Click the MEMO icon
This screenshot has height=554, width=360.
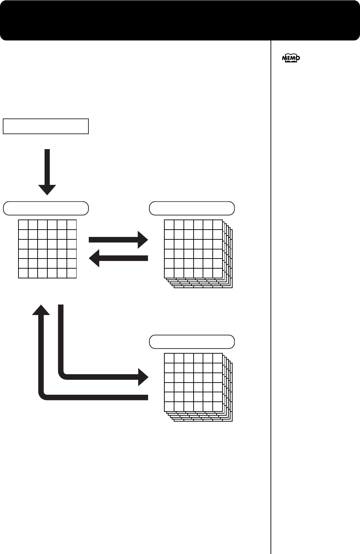[291, 59]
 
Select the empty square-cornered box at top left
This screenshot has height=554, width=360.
[46, 126]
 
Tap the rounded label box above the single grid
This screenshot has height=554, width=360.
[46, 208]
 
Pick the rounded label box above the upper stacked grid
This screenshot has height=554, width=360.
[192, 208]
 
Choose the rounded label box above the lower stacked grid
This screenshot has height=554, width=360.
[192, 342]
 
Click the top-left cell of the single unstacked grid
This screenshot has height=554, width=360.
[23, 225]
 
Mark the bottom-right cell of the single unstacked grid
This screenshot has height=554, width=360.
[72, 273]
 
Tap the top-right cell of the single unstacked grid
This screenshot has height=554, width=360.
[72, 225]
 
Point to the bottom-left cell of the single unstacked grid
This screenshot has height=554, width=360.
[23, 273]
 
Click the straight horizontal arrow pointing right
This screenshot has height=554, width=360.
[118, 239]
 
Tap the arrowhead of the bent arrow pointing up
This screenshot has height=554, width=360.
[41, 310]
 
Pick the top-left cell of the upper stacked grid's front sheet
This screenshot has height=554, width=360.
[169, 225]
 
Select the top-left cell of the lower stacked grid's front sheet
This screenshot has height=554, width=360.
[169, 358]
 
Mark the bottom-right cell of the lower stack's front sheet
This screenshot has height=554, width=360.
[218, 407]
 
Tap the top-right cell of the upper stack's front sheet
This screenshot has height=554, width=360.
[218, 225]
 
